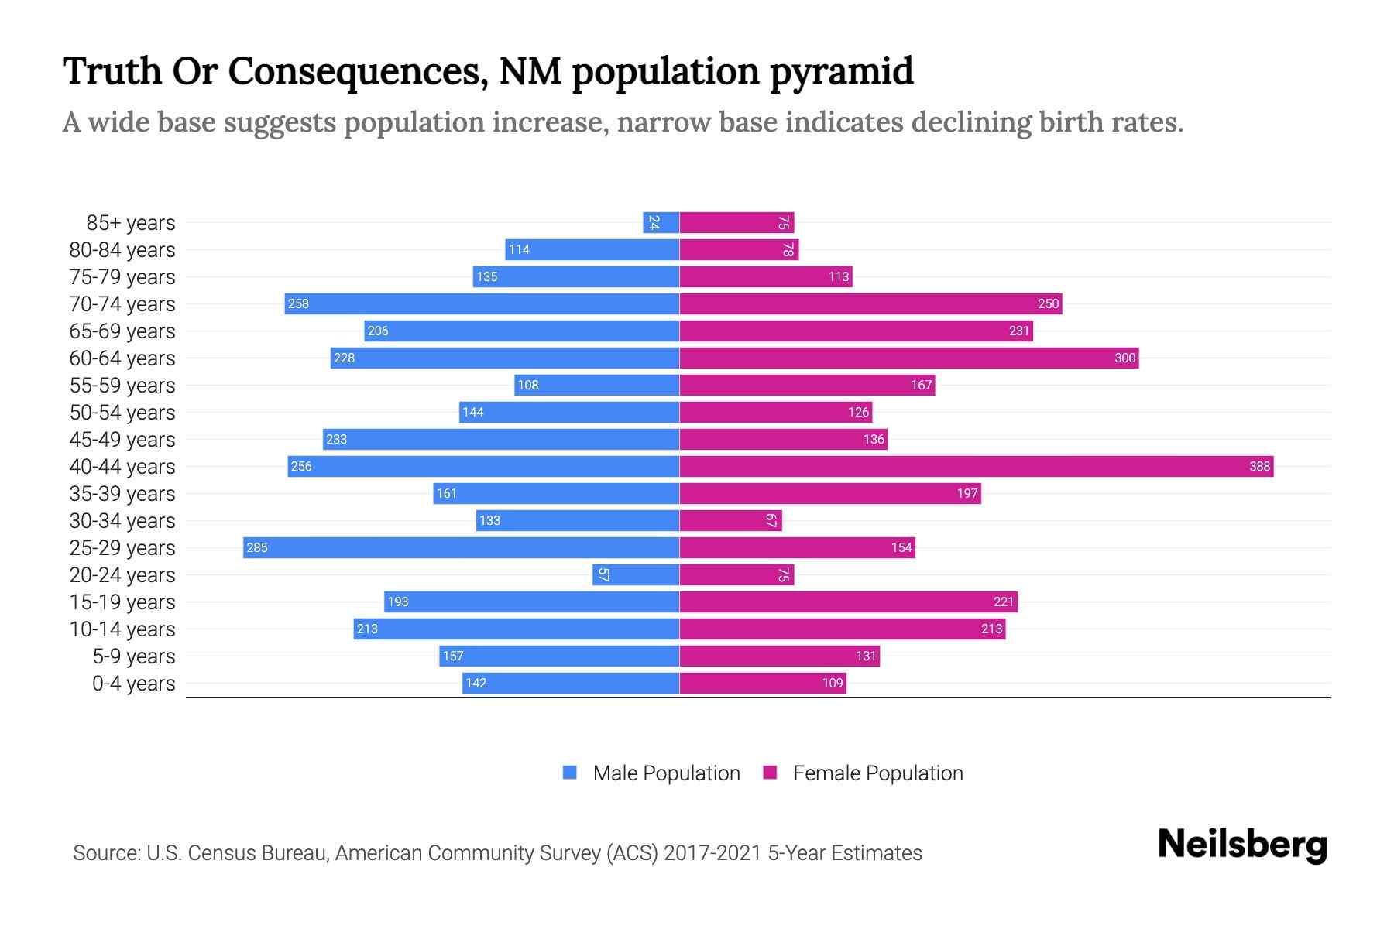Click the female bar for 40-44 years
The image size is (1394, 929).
pyautogui.click(x=976, y=466)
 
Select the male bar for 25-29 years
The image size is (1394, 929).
pyautogui.click(x=461, y=547)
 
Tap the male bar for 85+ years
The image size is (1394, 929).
pyautogui.click(x=661, y=222)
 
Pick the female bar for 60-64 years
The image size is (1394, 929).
pyautogui.click(x=908, y=358)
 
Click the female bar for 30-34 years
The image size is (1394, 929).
pyautogui.click(x=730, y=520)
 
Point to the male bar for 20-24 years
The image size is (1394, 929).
pyautogui.click(x=635, y=574)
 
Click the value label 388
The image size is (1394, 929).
pyautogui.click(x=1259, y=466)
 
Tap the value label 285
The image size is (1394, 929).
pyautogui.click(x=256, y=547)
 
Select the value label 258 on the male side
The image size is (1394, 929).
pyautogui.click(x=298, y=303)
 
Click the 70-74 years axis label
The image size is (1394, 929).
pyautogui.click(x=122, y=304)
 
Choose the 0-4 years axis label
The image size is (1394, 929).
pyautogui.click(x=133, y=684)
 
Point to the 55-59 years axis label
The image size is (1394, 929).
pyautogui.click(x=122, y=386)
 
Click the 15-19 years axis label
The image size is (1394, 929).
pyautogui.click(x=122, y=602)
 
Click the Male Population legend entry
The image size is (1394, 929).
pyautogui.click(x=665, y=773)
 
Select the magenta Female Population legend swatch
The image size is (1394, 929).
pyautogui.click(x=770, y=773)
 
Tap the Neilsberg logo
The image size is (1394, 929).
pyautogui.click(x=1242, y=845)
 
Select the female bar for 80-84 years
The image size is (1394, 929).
pyautogui.click(x=738, y=249)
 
